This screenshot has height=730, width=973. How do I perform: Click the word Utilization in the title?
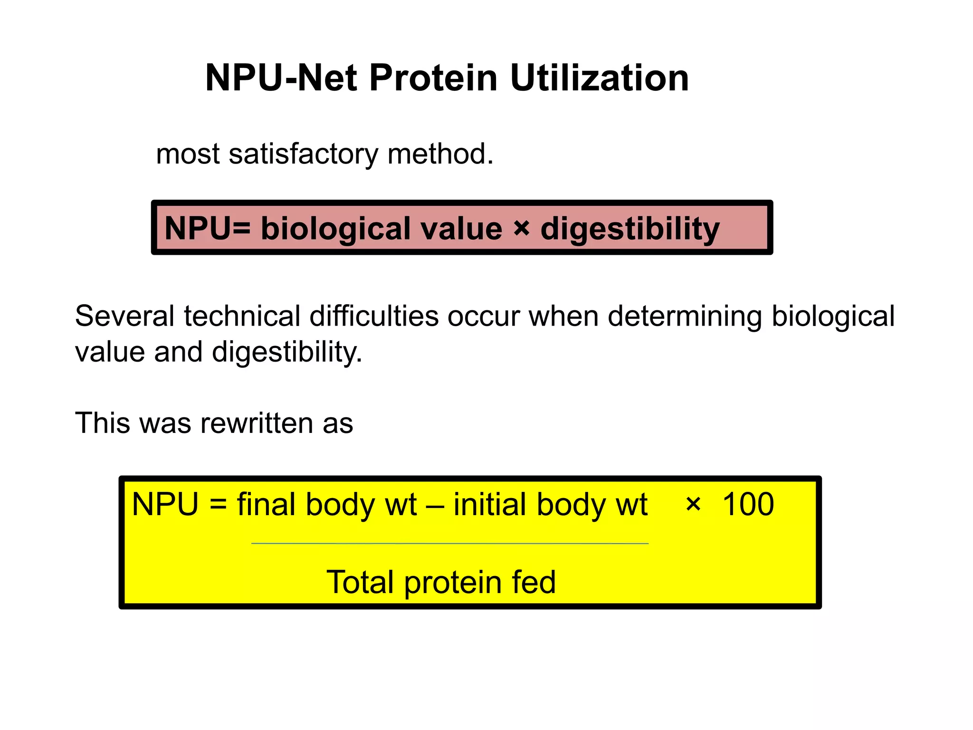click(599, 78)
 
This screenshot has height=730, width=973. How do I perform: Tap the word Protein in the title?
click(433, 78)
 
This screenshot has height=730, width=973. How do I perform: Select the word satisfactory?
click(304, 154)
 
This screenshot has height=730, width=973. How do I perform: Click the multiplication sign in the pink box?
click(521, 229)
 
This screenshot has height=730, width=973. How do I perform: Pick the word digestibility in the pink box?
click(630, 229)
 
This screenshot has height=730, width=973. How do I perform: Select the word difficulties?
click(374, 316)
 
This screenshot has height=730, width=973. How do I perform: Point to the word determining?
click(685, 316)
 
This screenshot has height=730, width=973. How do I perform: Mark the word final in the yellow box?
click(267, 504)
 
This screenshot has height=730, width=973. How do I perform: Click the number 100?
click(748, 504)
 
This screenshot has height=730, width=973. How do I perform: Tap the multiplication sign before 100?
click(693, 504)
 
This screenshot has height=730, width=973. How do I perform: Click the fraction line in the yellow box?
click(449, 543)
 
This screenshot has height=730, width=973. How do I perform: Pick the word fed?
click(534, 582)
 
